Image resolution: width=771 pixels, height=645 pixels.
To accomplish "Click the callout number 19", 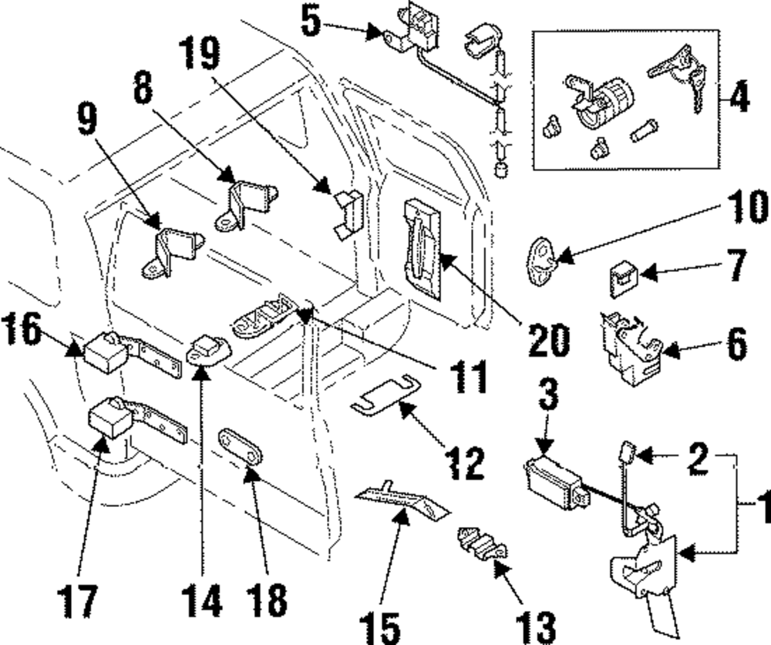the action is coord(201,54).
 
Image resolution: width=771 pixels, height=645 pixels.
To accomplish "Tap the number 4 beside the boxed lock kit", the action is coord(739,99).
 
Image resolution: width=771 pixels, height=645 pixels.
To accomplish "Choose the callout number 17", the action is coord(78,602).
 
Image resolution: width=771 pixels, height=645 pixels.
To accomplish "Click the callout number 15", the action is coord(379,627).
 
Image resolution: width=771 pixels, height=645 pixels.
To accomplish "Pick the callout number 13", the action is coord(536,627).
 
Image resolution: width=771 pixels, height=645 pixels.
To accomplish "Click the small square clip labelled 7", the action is coord(624,279).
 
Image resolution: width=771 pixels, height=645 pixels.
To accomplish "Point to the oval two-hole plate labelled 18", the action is coord(241,445).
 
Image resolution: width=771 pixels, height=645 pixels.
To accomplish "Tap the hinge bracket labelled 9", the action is coord(173,253).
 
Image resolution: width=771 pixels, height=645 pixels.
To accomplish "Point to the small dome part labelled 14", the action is coord(207,348).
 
